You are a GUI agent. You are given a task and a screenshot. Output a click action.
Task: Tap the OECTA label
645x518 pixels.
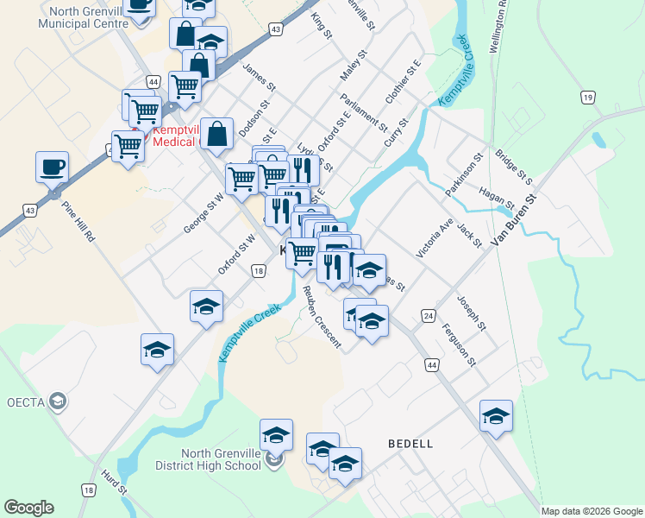(x=25, y=401)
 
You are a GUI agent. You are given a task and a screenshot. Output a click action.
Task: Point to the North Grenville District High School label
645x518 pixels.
(x=221, y=459)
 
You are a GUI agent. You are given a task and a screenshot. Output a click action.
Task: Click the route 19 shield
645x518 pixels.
(x=587, y=98)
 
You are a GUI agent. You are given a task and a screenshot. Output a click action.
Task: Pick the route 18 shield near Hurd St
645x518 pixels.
(x=88, y=489)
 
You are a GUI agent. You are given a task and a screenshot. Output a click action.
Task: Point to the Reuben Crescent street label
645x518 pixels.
(x=321, y=314)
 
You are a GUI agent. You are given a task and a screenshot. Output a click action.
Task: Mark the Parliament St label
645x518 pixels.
(x=363, y=112)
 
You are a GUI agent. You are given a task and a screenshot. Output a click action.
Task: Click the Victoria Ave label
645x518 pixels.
(x=434, y=238)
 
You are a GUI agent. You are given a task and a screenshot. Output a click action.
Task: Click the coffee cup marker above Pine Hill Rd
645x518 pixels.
(x=52, y=166)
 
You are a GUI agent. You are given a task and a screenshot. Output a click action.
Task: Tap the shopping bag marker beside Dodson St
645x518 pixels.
(x=219, y=133)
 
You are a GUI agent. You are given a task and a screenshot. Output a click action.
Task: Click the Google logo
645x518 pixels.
(x=28, y=508)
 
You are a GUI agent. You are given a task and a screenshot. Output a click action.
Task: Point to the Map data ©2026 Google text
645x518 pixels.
(x=592, y=511)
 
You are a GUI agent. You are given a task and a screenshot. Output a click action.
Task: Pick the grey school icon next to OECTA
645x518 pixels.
(x=57, y=401)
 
